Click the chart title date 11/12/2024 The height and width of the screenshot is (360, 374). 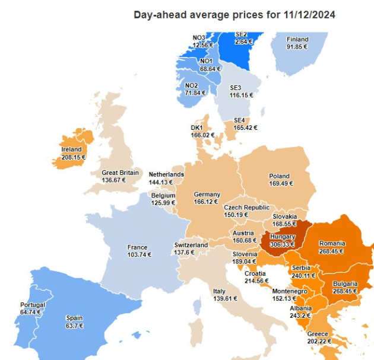(310, 15)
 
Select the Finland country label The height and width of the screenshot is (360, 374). (297, 39)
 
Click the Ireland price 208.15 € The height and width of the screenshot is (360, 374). (74, 158)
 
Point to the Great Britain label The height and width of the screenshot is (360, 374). (120, 173)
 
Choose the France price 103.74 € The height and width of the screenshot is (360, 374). (139, 254)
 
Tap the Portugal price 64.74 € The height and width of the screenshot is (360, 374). (32, 312)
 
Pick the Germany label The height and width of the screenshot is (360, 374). (207, 195)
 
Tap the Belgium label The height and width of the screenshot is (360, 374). (163, 195)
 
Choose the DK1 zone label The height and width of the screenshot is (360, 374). (197, 128)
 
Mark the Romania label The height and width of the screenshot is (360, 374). (332, 243)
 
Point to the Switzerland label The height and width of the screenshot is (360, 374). (191, 245)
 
